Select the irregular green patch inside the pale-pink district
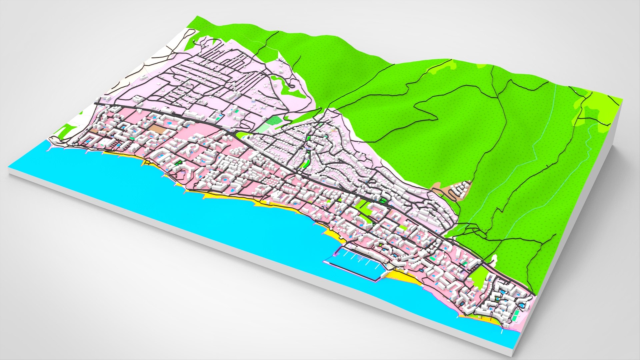point(283,85)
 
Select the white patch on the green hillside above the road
point(493,259)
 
